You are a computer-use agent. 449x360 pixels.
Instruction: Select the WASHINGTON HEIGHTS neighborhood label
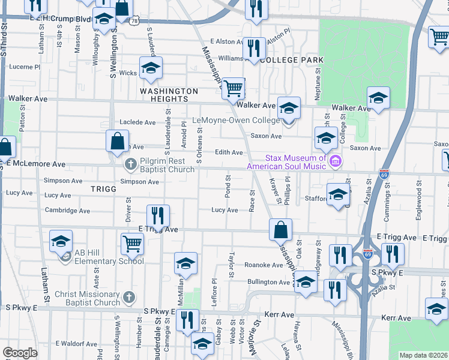coord(169,95)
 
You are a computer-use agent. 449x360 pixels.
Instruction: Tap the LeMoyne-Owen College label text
coord(236,120)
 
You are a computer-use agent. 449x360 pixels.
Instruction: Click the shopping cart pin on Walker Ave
coord(234,88)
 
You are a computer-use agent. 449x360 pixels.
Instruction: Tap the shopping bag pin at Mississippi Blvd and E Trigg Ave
coord(280,229)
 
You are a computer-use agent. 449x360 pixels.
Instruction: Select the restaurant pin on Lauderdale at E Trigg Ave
coord(158,215)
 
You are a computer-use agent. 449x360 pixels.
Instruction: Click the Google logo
coord(20,352)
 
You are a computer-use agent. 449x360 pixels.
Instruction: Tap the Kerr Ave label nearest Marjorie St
coord(280,314)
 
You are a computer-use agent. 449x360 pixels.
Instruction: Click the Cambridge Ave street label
coord(68,211)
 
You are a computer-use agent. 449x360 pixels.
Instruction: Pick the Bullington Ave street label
coord(269,281)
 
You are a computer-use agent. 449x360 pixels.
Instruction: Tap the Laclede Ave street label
coord(138,122)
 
